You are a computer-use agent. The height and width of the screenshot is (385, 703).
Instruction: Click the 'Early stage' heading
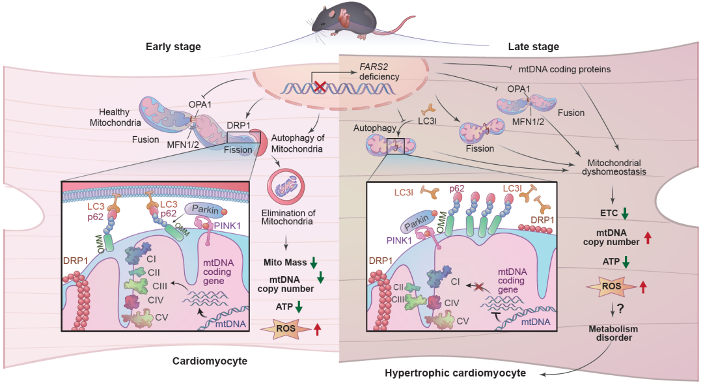173,46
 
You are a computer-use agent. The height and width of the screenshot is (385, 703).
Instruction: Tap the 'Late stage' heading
533,46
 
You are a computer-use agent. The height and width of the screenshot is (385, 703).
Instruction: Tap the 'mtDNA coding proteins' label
564,68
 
